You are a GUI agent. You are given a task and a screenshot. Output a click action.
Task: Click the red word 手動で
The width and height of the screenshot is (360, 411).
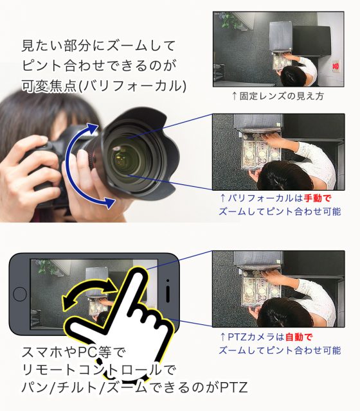318,198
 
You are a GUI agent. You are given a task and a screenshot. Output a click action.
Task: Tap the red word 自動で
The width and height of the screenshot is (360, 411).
299,337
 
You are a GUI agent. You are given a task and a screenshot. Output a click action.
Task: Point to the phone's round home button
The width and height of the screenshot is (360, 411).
20,294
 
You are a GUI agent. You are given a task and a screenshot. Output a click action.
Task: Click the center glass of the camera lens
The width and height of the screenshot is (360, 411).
123,157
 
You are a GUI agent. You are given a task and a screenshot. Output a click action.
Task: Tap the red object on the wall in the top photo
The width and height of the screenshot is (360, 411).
336,66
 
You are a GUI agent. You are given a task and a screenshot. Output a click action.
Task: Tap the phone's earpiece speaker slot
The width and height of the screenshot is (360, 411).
168,293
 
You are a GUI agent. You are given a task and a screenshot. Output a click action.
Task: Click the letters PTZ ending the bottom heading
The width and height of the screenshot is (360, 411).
234,388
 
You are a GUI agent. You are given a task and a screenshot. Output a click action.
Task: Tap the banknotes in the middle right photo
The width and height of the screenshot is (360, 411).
260,155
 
